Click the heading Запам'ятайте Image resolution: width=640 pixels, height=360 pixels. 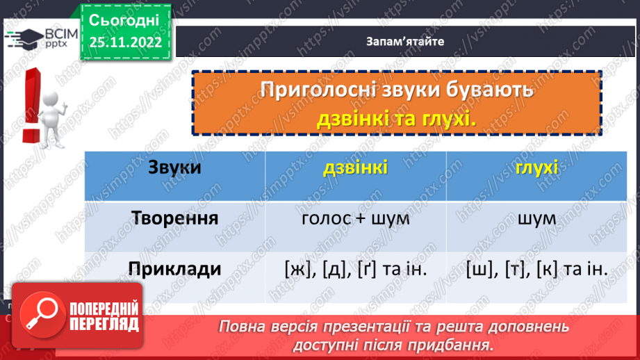[x=404, y=41]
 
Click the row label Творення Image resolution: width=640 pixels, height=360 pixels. [x=174, y=218]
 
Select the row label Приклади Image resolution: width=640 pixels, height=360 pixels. [x=174, y=268]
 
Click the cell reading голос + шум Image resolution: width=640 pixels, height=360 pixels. [x=355, y=218]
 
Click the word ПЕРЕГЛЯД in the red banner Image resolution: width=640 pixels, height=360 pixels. [x=104, y=324]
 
